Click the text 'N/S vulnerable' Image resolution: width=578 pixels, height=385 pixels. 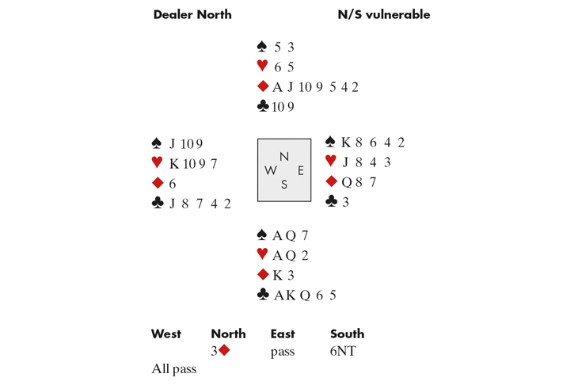383,14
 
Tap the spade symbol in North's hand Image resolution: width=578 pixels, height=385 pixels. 262,47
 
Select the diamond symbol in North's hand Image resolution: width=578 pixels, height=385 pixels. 263,86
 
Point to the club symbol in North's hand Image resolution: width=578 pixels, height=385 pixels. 263,106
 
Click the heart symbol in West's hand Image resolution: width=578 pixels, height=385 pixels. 157,163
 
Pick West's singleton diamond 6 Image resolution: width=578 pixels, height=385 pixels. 173,184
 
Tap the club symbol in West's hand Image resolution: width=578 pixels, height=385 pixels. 157,204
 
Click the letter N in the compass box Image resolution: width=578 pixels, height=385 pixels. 284,156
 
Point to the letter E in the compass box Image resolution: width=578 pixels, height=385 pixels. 300,170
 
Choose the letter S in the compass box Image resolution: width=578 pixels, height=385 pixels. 284,185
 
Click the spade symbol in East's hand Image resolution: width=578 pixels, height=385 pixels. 330,142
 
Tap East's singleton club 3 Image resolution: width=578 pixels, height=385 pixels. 346,202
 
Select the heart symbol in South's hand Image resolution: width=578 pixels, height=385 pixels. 262,255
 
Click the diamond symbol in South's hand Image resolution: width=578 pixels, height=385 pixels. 263,275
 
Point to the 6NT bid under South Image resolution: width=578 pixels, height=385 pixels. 344,351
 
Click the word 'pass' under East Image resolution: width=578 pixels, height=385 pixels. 282,351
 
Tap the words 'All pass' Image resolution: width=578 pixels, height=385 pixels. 173,369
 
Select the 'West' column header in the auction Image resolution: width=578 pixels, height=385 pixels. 165,334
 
